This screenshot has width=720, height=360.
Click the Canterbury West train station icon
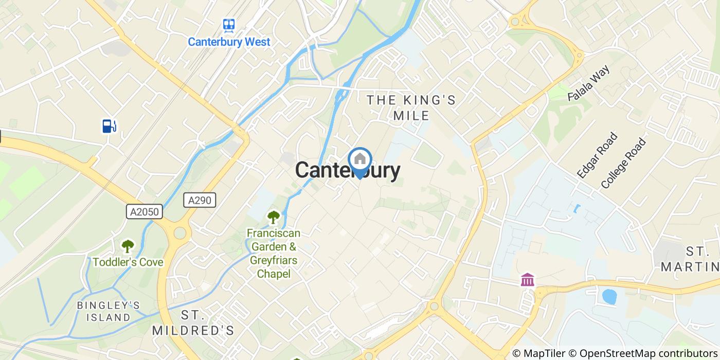click(229, 25)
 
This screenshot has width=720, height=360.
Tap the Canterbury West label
click(229, 42)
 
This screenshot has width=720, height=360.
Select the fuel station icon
click(109, 125)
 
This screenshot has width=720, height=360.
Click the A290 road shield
click(200, 200)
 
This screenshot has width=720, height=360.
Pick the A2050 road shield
click(145, 212)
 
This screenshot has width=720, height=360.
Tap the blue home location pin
click(359, 160)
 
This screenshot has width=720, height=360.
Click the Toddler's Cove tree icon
click(127, 246)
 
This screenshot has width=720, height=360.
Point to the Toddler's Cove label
click(128, 262)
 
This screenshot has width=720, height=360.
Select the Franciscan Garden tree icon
click(273, 218)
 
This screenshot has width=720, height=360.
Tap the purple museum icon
click(527, 280)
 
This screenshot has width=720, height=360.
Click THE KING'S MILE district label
click(411, 107)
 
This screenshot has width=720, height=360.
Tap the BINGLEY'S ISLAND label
click(108, 311)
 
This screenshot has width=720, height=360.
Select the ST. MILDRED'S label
click(193, 322)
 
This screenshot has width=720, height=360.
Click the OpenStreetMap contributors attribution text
click(649, 353)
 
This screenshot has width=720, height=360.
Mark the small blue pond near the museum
click(609, 297)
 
